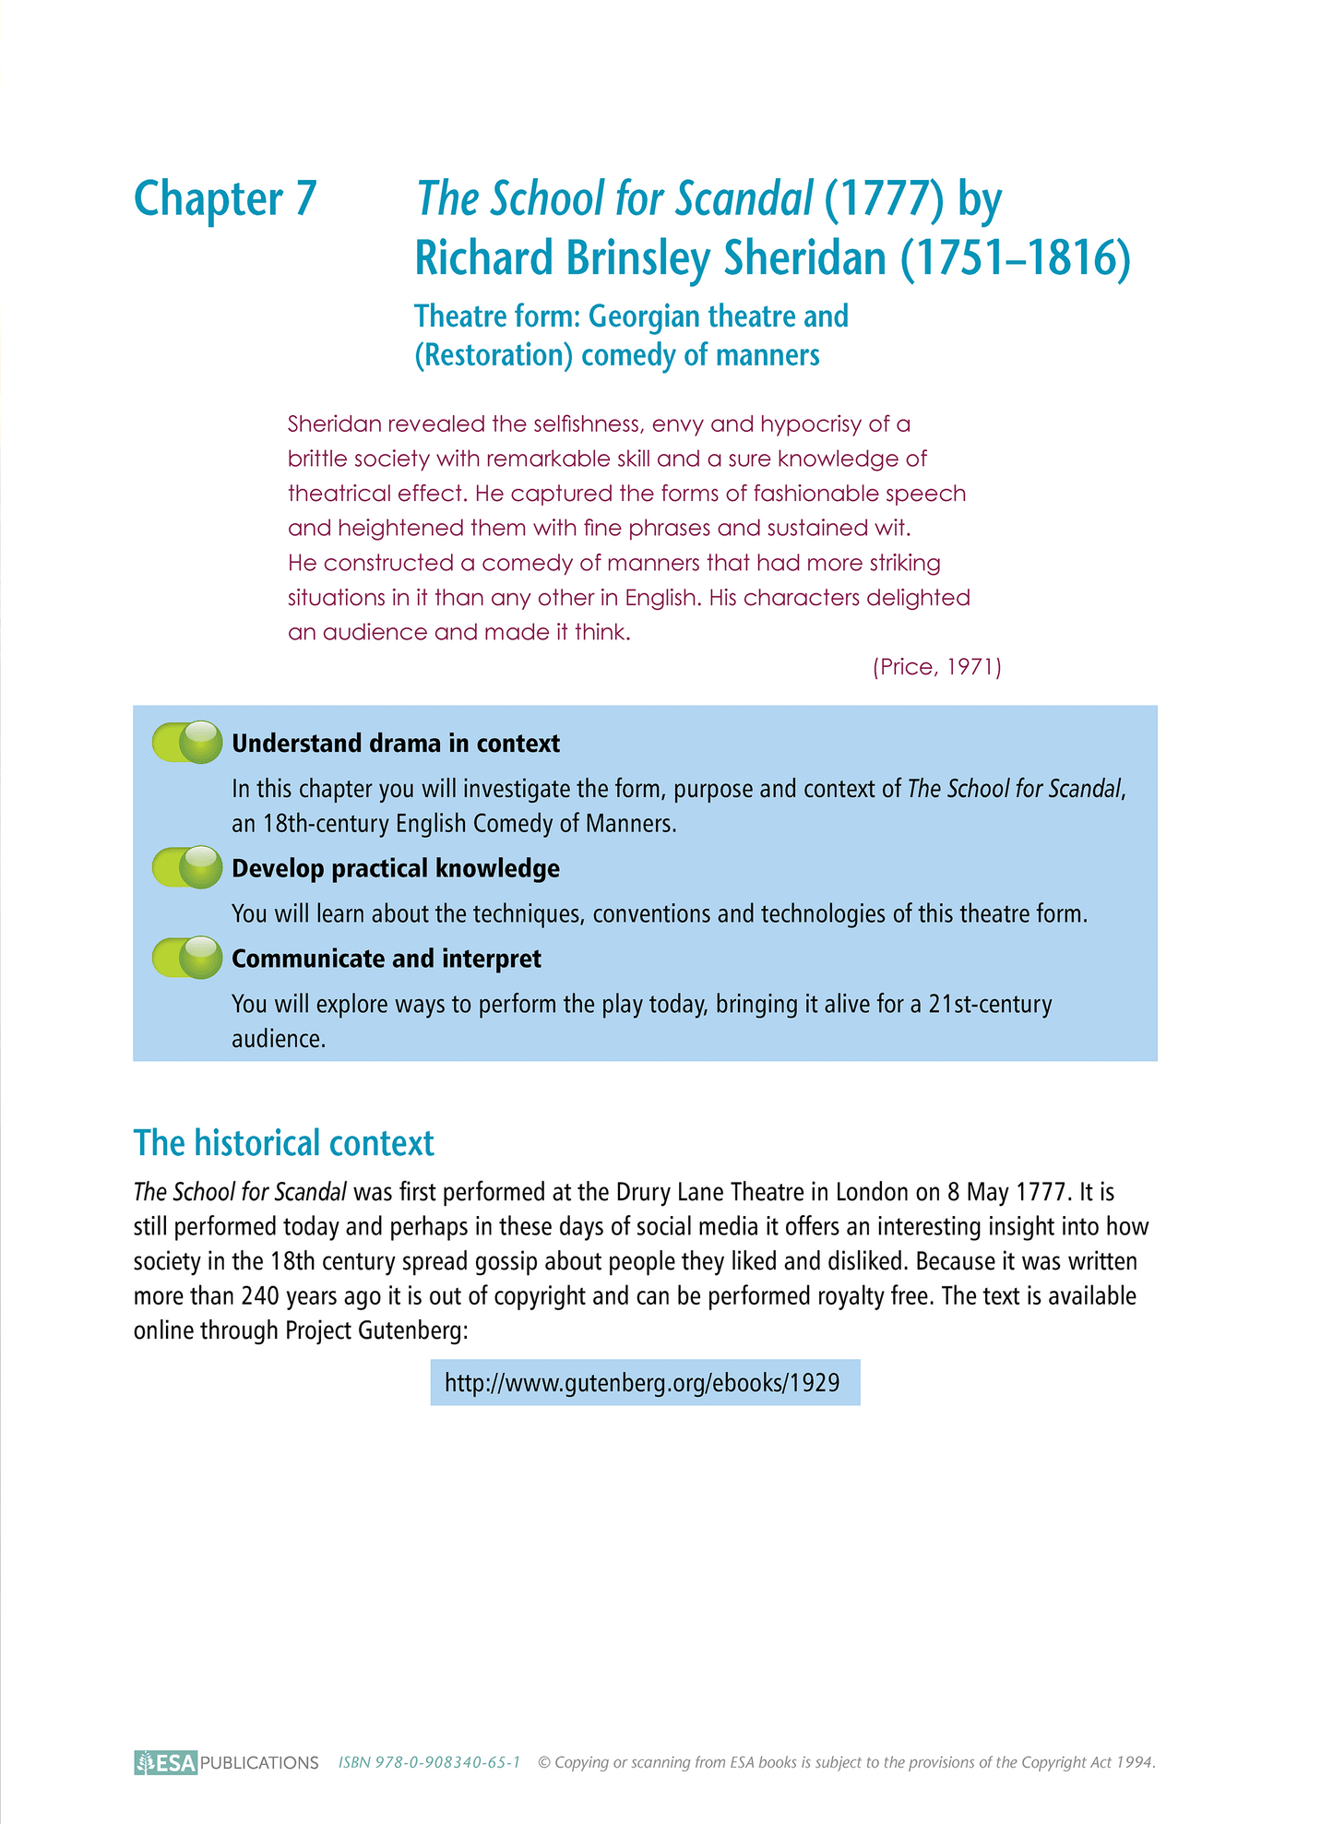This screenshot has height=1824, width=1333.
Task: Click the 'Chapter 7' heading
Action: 225,198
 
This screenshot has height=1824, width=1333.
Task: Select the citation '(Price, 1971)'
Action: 936,667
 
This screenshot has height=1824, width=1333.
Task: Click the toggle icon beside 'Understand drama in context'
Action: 188,743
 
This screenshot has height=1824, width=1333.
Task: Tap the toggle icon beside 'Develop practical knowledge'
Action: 188,867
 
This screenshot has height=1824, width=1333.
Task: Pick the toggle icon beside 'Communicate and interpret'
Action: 188,958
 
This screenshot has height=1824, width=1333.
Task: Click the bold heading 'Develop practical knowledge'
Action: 396,869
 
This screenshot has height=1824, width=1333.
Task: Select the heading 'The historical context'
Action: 283,1143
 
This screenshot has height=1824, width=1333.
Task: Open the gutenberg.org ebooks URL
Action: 643,1383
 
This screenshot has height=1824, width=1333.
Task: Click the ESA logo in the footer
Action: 166,1762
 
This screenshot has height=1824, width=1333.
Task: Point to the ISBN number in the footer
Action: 429,1762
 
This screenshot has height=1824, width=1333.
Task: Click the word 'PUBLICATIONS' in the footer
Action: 259,1763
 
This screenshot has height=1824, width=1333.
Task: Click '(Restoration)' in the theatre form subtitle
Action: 494,355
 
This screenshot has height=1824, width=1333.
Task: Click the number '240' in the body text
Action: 260,1296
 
